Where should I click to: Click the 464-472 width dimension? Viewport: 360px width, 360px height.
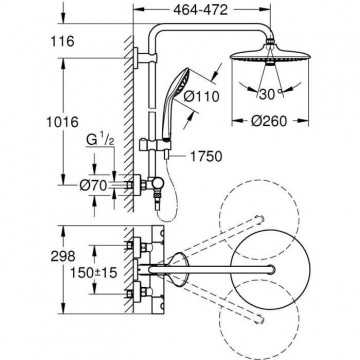pyautogui.click(x=200, y=9)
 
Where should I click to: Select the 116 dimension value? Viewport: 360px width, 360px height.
pyautogui.click(x=62, y=42)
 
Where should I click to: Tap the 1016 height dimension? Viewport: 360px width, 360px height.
pyautogui.click(x=62, y=122)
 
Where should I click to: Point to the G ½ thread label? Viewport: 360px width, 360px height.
pyautogui.click(x=100, y=140)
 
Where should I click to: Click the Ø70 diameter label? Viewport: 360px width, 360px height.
pyautogui.click(x=93, y=185)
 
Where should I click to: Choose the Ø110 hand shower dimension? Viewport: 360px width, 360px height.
pyautogui.click(x=202, y=97)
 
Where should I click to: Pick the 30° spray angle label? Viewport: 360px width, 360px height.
pyautogui.click(x=270, y=95)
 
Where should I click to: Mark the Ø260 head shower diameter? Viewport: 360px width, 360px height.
pyautogui.click(x=269, y=121)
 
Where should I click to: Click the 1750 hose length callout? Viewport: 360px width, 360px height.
pyautogui.click(x=206, y=156)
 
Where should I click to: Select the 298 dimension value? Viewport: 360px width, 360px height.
pyautogui.click(x=63, y=256)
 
